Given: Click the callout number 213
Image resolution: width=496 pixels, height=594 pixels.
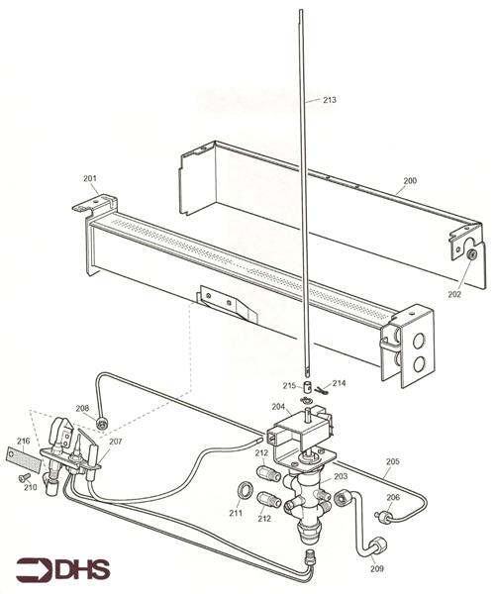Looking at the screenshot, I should pos(328,100).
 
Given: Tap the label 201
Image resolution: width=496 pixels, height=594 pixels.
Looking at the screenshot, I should pos(90,178).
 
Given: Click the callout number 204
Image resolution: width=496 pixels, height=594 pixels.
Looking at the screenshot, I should pos(280,406).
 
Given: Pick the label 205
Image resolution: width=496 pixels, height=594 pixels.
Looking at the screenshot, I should pos(392,461).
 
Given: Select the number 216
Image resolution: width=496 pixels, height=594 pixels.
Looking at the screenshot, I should pos(23,441).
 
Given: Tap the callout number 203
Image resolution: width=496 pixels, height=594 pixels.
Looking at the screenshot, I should pos(340,476).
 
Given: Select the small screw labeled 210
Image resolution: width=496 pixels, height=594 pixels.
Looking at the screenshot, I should pos(22,477).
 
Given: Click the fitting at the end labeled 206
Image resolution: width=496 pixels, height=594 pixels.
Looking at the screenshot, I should pos(380,515).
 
